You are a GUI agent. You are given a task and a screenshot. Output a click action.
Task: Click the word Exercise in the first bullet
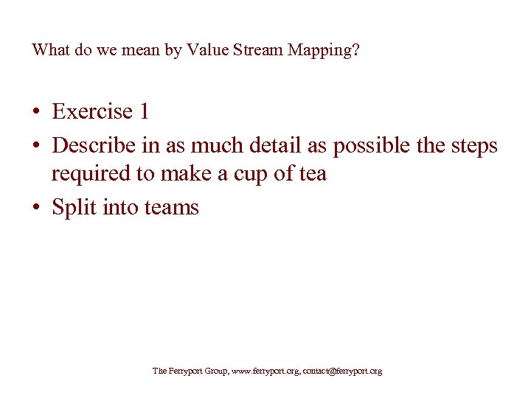(92, 111)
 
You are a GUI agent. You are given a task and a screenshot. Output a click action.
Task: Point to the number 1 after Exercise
(143, 111)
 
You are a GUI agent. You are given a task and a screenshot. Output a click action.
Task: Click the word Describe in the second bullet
(94, 145)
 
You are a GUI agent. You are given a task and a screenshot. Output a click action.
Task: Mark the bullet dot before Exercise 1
(35, 112)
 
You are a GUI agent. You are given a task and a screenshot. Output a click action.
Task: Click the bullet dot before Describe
(35, 146)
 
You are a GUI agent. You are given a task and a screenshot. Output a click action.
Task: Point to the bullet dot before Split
(35, 208)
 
